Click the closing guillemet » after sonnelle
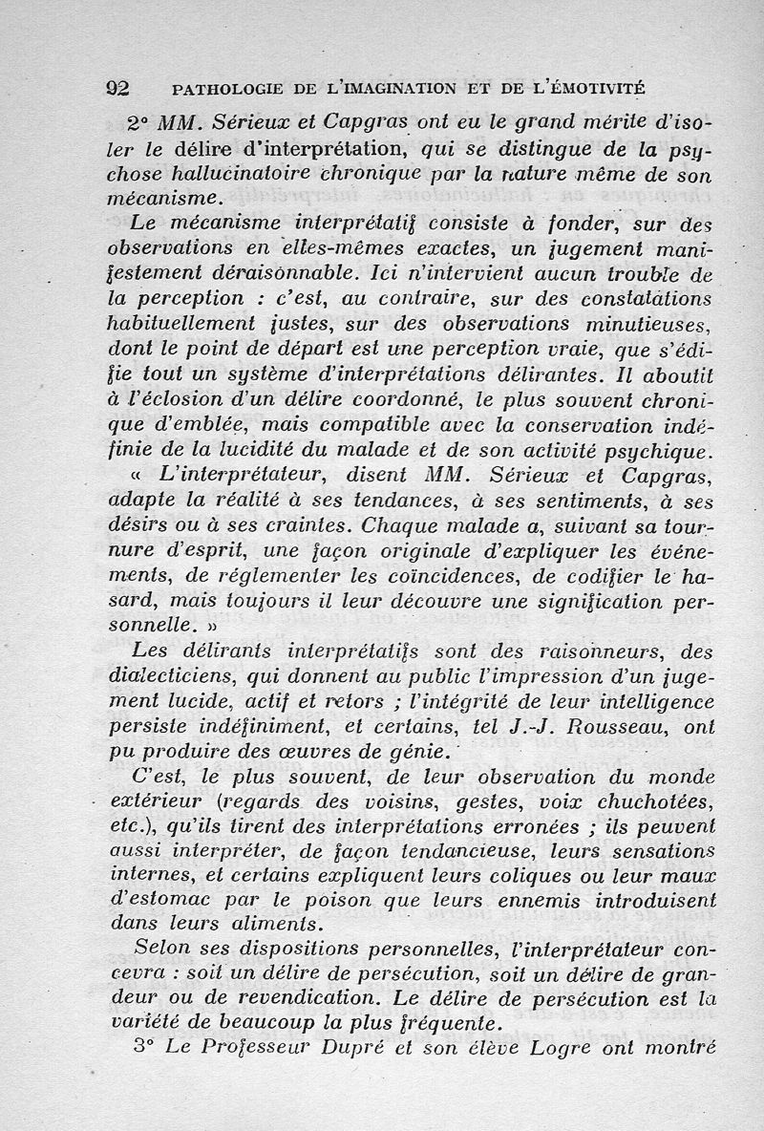click(x=212, y=628)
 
